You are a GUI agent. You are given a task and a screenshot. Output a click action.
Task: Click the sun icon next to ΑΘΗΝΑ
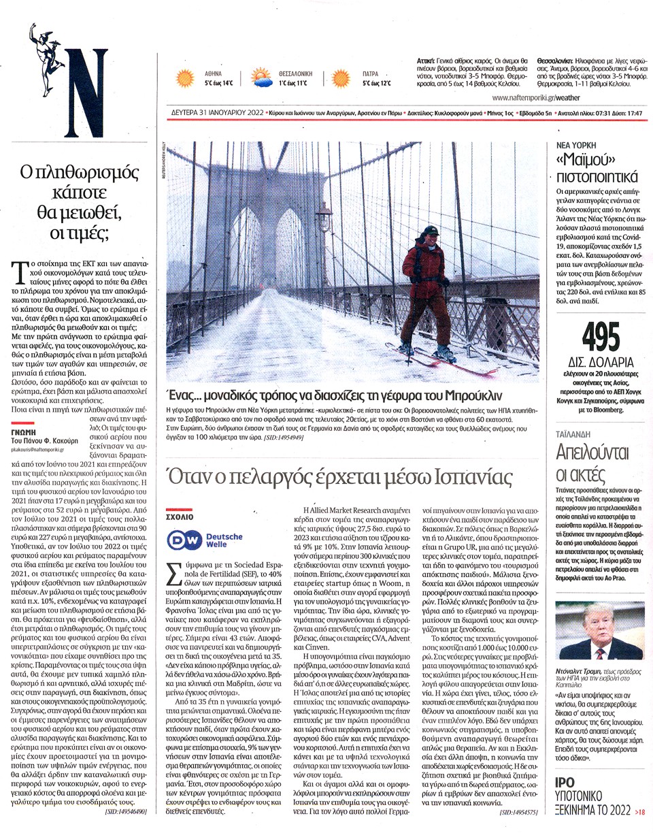185,78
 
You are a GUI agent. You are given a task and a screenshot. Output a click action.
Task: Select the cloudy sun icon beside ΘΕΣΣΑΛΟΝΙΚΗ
261,78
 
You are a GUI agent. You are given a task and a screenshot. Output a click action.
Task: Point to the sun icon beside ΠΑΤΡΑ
341,78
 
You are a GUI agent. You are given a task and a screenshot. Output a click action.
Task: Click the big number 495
601,336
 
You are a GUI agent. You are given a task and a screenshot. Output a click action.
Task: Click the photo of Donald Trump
601,630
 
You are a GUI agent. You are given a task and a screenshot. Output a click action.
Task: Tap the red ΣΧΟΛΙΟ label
180,517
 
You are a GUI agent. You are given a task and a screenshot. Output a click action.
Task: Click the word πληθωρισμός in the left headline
76,172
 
